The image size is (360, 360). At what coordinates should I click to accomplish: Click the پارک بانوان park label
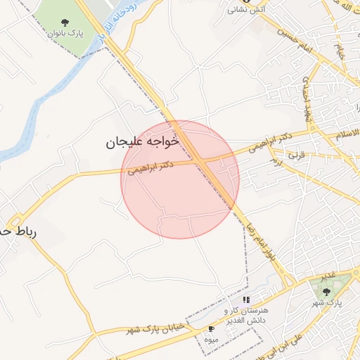click(x=65, y=33)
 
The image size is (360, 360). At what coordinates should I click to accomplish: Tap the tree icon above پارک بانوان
click(x=65, y=22)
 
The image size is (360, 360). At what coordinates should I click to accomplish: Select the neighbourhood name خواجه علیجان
click(x=143, y=141)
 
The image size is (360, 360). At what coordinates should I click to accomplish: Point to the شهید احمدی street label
click(x=308, y=98)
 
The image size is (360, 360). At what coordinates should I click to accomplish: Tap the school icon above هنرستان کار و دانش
click(x=245, y=300)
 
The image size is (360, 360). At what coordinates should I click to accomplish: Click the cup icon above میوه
click(x=211, y=328)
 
